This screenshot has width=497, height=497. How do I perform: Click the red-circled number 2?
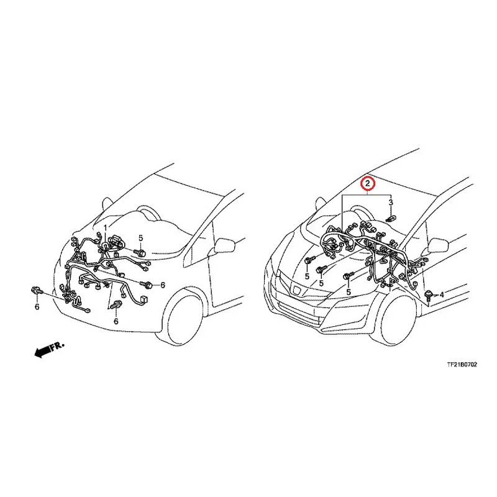(x=367, y=183)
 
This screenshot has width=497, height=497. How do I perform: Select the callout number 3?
(x=391, y=203)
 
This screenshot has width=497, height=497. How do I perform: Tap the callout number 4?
(x=442, y=294)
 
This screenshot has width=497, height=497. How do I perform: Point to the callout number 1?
(x=106, y=227)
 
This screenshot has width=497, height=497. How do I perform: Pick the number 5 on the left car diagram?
(x=141, y=238)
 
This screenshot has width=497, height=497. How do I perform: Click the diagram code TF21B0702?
(x=462, y=365)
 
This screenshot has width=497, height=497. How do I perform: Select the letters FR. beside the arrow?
(x=58, y=345)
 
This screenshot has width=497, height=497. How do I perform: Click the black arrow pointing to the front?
(x=42, y=352)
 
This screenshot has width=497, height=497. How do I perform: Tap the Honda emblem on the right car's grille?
(x=297, y=290)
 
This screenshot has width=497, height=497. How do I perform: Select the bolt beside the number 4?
(x=429, y=294)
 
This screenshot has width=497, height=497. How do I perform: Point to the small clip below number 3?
(x=391, y=219)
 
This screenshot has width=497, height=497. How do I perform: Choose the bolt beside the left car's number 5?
(x=140, y=253)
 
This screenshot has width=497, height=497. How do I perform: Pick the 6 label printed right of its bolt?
(x=163, y=285)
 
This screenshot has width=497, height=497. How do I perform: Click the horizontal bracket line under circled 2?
(x=367, y=194)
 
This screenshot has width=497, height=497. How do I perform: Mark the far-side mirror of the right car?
(x=321, y=203)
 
